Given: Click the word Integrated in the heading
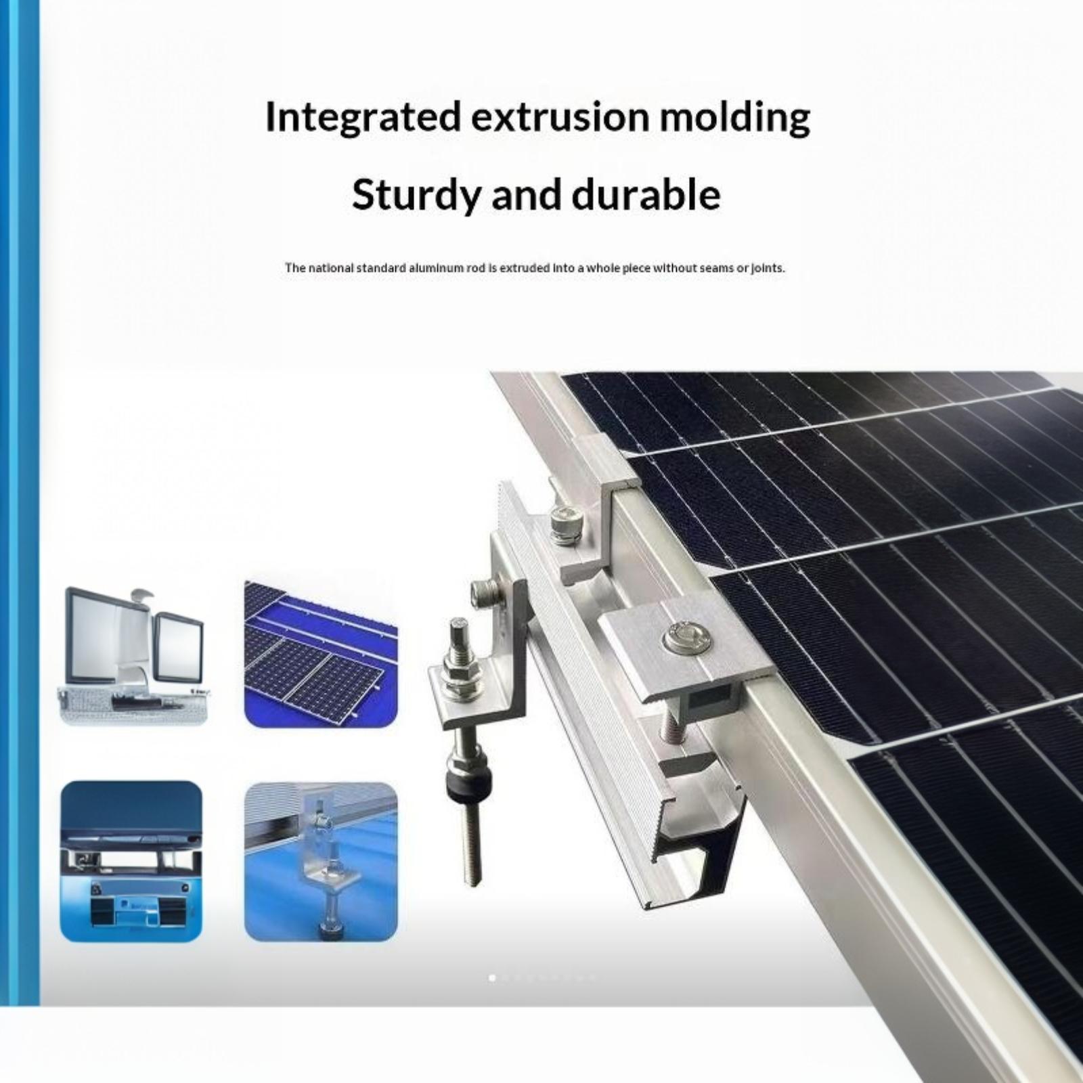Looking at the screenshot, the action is (x=363, y=118).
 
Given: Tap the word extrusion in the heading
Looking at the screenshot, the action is (x=559, y=117).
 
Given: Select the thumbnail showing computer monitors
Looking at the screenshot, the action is (x=134, y=655).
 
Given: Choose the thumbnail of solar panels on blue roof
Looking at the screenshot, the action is (x=321, y=653).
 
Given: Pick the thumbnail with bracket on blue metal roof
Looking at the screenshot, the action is (x=321, y=862).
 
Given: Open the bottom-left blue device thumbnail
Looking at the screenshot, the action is (x=131, y=862).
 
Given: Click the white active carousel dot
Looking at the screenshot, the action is (x=492, y=977).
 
